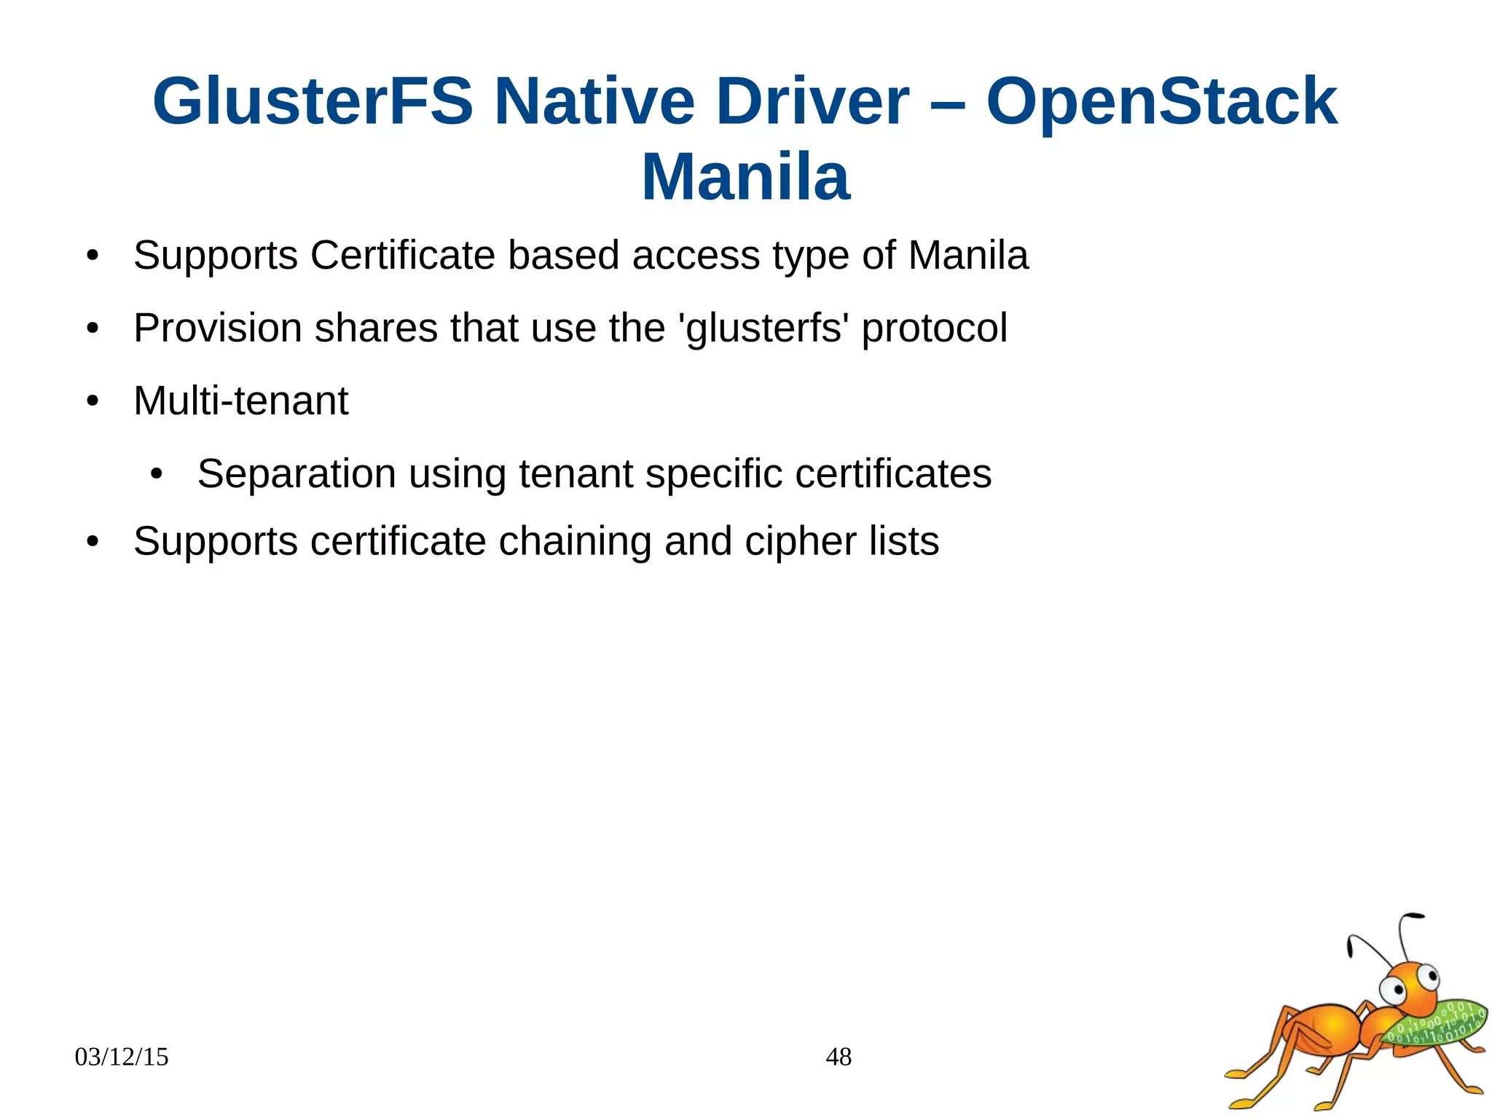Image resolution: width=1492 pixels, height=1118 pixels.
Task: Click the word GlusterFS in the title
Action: (x=313, y=102)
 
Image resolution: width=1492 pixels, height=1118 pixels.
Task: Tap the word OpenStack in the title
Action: (x=1161, y=102)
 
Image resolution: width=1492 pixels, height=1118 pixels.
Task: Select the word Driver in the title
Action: (x=812, y=102)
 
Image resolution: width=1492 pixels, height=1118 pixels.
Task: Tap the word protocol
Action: (x=935, y=328)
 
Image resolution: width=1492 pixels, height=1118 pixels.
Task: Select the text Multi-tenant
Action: (x=241, y=401)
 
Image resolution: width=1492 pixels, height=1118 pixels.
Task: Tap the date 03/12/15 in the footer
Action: (x=122, y=1057)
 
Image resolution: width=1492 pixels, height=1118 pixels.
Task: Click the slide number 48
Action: (x=839, y=1057)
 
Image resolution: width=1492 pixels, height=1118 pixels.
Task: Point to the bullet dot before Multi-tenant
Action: (x=92, y=401)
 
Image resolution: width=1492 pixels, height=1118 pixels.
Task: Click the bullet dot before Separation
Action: (x=156, y=474)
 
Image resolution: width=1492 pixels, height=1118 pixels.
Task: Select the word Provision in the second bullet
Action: (x=217, y=328)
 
